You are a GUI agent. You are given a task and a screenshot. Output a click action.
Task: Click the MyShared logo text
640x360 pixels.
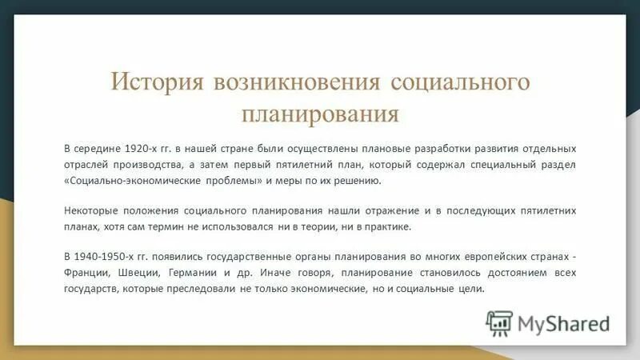pos(563,323)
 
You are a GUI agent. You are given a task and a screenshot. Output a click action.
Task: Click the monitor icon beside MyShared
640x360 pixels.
pos(498,323)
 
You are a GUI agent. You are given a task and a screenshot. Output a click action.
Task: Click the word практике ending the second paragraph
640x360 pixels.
pos(385,226)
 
